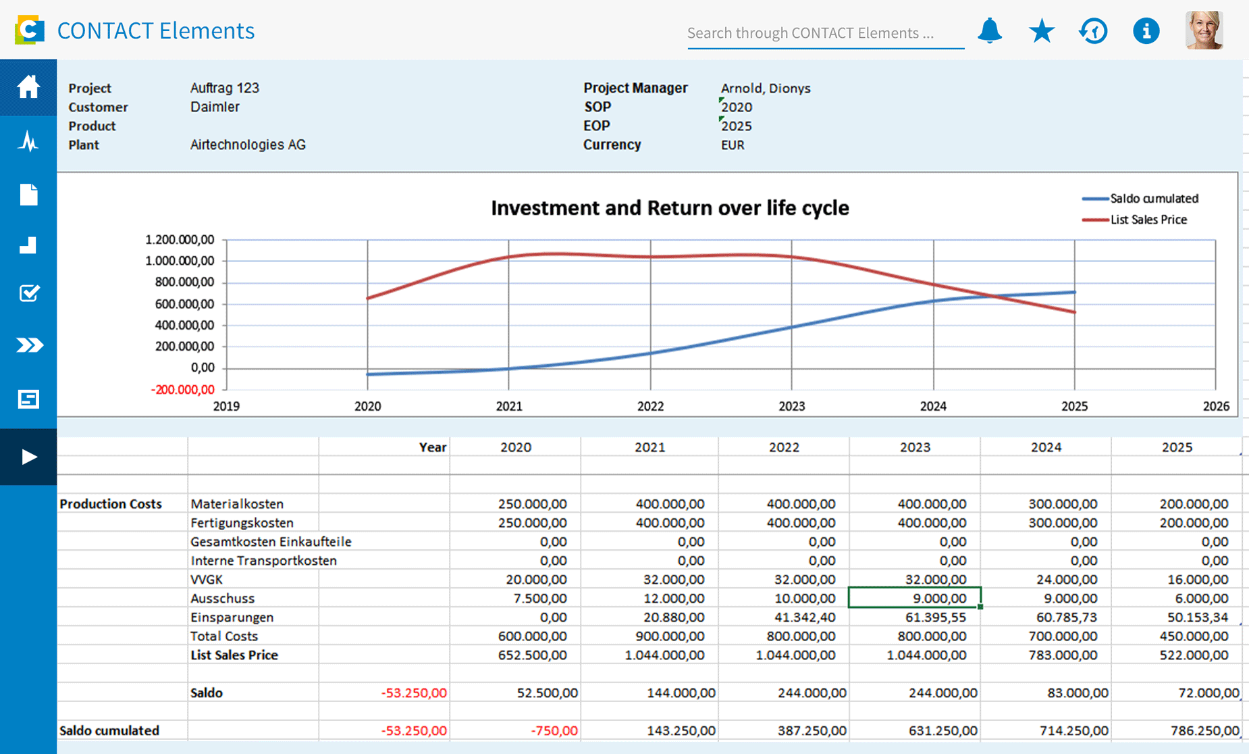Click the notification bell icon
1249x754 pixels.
(x=990, y=31)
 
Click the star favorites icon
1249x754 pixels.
(x=1042, y=31)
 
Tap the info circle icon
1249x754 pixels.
(x=1146, y=31)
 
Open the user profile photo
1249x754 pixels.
(x=1204, y=30)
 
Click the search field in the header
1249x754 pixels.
(x=824, y=33)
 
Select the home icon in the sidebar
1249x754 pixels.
(x=28, y=87)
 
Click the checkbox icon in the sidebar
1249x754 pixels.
(x=28, y=293)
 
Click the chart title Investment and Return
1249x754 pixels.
(x=669, y=207)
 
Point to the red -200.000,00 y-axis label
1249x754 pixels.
(x=182, y=390)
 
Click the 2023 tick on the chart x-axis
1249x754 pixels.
(x=791, y=406)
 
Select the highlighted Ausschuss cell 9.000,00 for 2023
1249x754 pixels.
(x=914, y=598)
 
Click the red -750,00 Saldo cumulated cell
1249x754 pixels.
(x=554, y=730)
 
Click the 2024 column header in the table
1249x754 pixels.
(x=1046, y=447)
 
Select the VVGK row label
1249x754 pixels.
(x=207, y=579)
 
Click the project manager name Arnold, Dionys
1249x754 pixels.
(x=765, y=88)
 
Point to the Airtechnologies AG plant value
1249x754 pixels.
(x=248, y=145)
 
